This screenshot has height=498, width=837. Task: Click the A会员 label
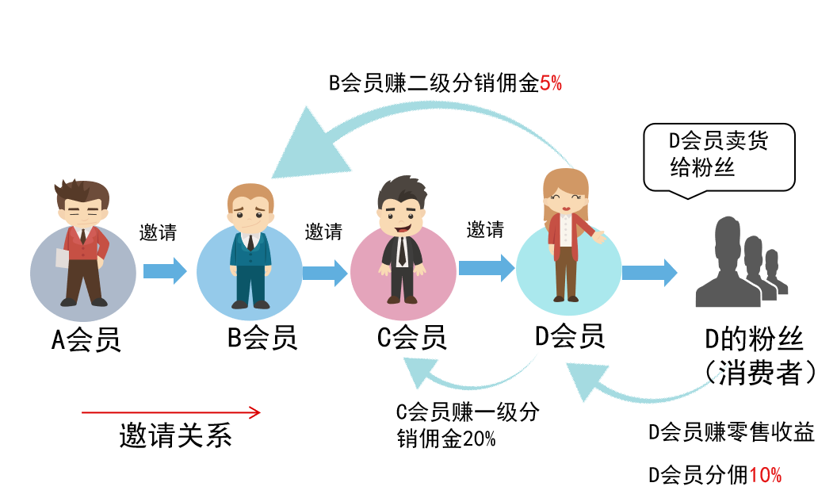pyautogui.click(x=86, y=339)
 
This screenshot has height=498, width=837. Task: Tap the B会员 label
pyautogui.click(x=262, y=338)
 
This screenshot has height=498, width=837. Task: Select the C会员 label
pyautogui.click(x=411, y=338)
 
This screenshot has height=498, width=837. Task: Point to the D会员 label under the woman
pyautogui.click(x=570, y=336)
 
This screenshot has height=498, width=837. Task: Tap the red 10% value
pyautogui.click(x=765, y=475)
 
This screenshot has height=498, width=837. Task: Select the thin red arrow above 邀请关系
pyautogui.click(x=170, y=412)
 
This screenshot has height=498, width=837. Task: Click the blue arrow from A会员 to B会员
pyautogui.click(x=165, y=270)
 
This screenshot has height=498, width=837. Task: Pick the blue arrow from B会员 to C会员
pyautogui.click(x=325, y=272)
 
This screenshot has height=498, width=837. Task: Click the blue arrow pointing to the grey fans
pyautogui.click(x=649, y=273)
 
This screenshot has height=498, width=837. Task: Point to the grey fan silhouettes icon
pyautogui.click(x=740, y=263)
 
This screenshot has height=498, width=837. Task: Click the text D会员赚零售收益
pyautogui.click(x=731, y=432)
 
